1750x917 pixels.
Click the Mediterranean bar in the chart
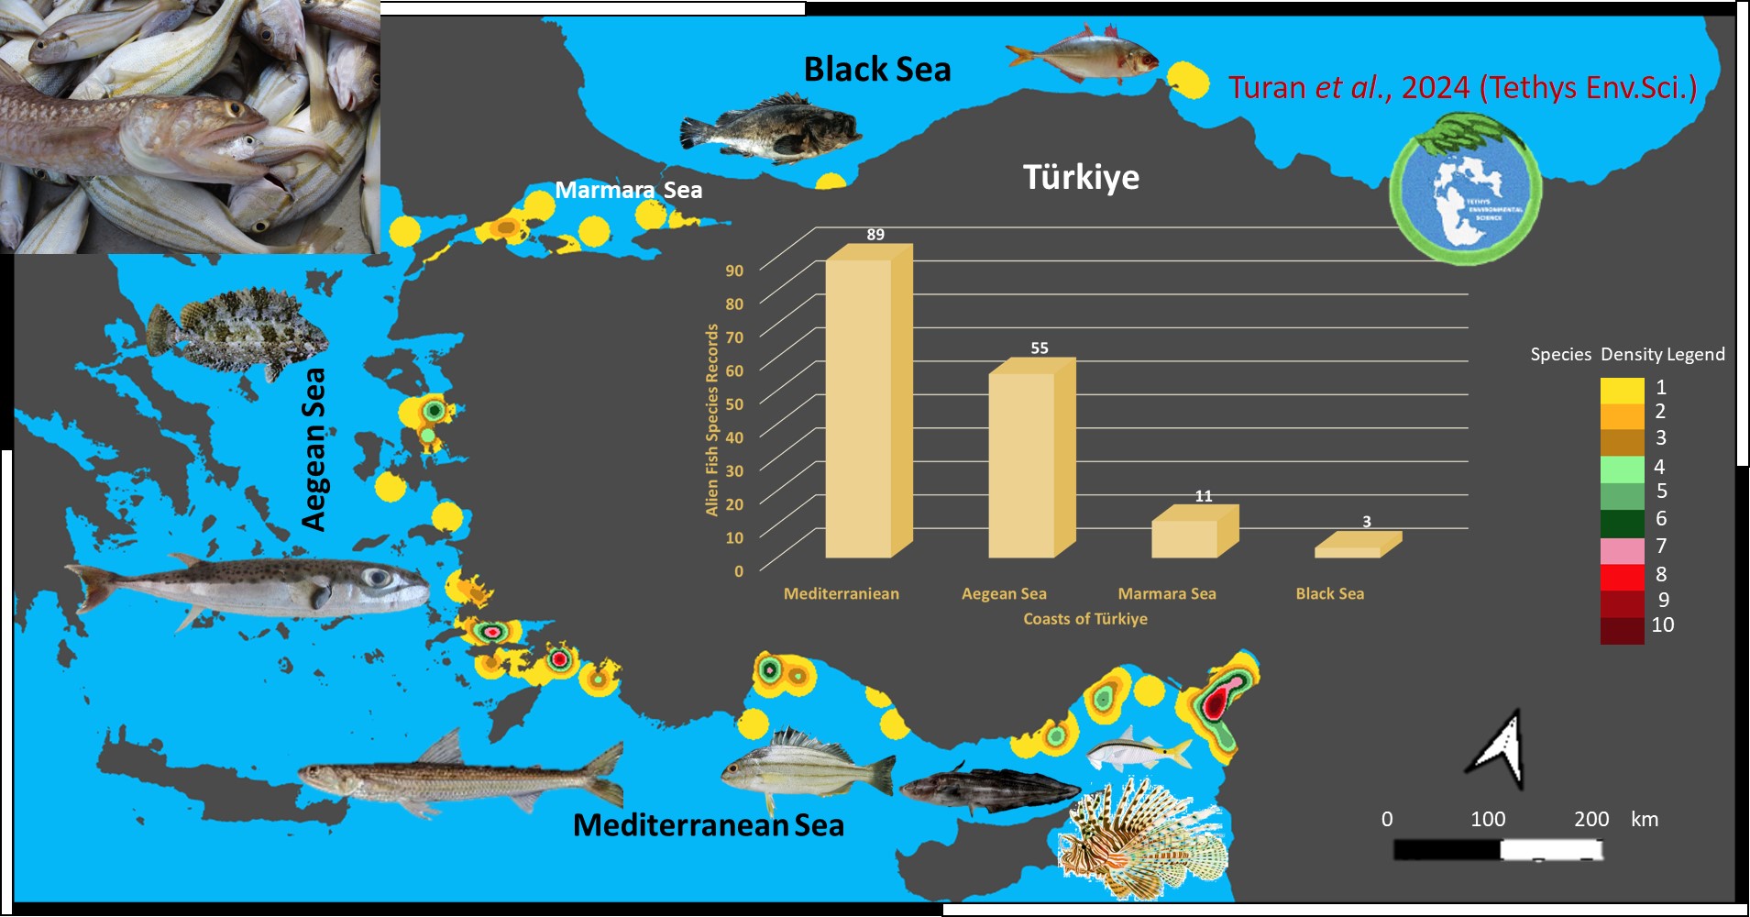859,408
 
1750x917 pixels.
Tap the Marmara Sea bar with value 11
1184,538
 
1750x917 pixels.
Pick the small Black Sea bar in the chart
1348,552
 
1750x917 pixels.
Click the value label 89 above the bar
875,235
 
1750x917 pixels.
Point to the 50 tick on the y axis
734,404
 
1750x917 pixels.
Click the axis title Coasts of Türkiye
1085,619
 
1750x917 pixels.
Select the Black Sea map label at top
877,70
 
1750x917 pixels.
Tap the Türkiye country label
1081,177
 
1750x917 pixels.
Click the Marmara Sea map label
629,190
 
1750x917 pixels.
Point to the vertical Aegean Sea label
314,449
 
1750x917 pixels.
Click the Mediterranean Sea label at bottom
708,825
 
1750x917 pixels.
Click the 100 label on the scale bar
1488,819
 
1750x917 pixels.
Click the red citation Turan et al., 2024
1462,88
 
